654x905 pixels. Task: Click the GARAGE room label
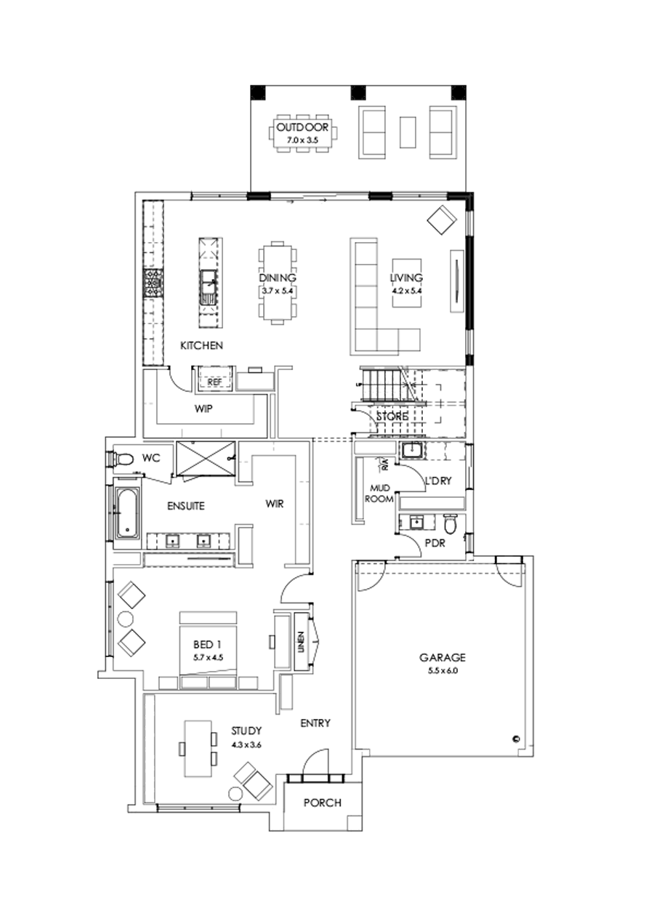point(441,657)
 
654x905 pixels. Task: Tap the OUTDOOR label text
point(302,129)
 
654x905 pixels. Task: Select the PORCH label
point(322,803)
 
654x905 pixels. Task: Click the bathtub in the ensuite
point(126,514)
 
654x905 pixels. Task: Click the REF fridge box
point(214,381)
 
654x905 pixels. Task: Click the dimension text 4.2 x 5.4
point(406,290)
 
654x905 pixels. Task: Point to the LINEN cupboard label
point(300,640)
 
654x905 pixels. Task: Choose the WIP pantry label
point(203,409)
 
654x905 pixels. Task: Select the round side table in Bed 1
point(125,619)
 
